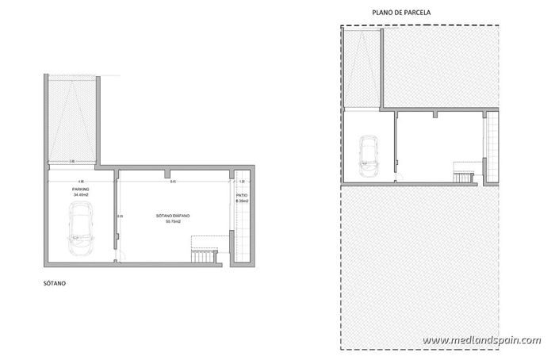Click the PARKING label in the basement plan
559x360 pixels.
[80, 190]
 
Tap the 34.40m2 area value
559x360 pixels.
[80, 195]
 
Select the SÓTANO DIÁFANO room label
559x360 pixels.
[173, 216]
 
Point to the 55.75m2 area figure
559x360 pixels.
[173, 221]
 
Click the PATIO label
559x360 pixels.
[241, 195]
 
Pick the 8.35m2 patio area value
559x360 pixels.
[241, 201]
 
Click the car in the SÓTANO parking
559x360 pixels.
[80, 228]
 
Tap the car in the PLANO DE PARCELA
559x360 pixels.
[368, 155]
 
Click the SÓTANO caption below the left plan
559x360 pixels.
[55, 281]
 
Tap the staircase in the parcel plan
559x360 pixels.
[462, 170]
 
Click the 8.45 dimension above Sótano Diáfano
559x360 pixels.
[172, 182]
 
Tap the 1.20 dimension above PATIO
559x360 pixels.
[241, 182]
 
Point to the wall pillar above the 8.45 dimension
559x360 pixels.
[165, 173]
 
